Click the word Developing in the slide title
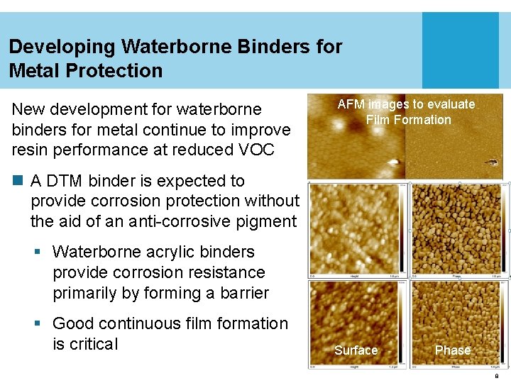(62, 47)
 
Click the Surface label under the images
(356, 350)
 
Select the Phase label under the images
(453, 350)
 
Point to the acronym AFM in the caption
(351, 104)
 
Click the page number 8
(497, 376)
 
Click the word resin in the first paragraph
(29, 150)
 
